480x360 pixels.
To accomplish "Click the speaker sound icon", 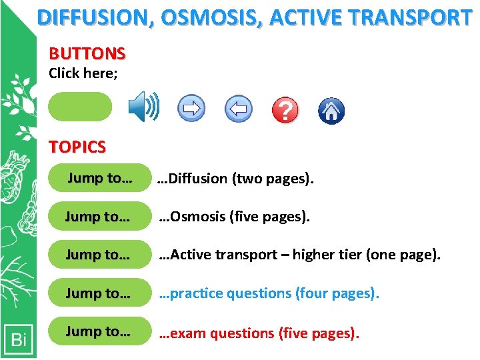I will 143,107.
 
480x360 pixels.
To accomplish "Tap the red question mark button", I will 285,109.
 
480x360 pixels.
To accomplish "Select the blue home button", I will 331,110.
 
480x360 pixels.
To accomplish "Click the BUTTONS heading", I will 87,53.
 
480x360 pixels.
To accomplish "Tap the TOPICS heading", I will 77,147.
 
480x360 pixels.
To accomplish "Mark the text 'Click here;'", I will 83,73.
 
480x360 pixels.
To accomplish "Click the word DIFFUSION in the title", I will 93,17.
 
